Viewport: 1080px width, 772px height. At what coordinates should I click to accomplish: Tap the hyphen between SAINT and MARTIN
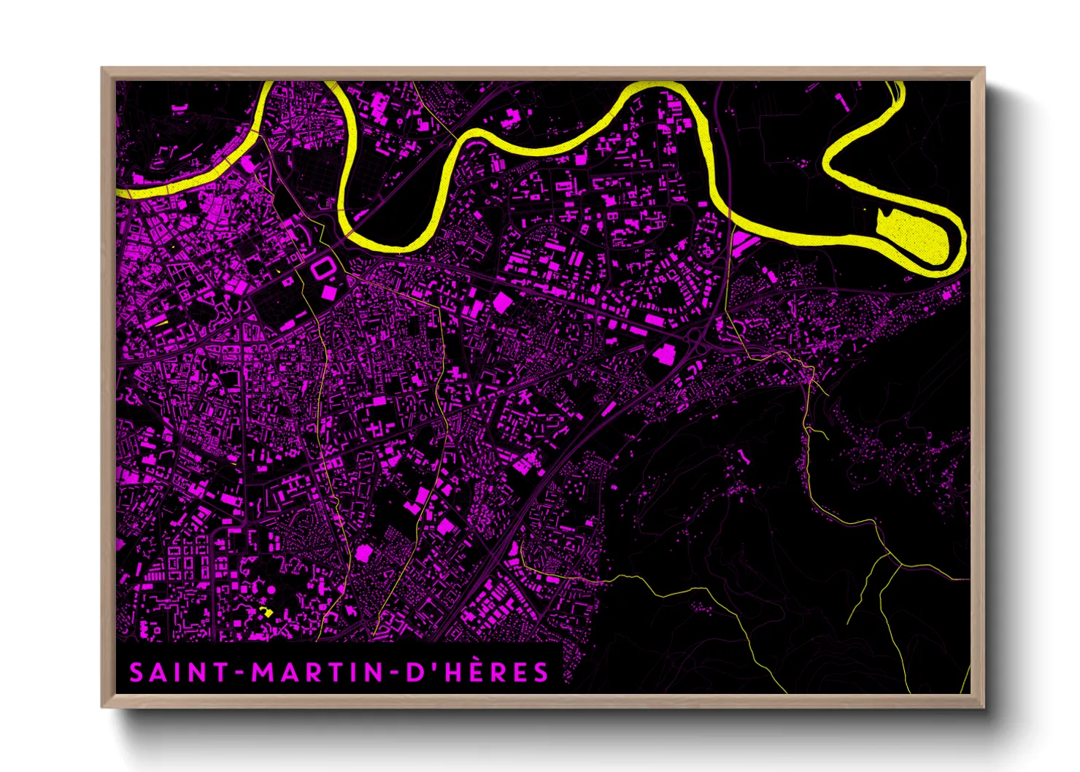[x=241, y=673]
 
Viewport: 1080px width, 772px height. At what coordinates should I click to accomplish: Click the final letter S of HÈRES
[x=540, y=672]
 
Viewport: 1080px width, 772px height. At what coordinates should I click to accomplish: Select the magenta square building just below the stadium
[x=330, y=292]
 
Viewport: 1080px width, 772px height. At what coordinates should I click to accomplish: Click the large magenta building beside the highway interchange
[x=665, y=355]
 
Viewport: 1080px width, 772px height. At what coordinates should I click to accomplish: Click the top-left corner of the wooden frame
[x=102, y=69]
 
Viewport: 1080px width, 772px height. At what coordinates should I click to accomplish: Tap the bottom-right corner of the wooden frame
[x=984, y=706]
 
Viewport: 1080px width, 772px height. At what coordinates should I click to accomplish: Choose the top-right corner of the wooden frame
[x=984, y=69]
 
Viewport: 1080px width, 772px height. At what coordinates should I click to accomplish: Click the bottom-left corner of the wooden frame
[x=102, y=706]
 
